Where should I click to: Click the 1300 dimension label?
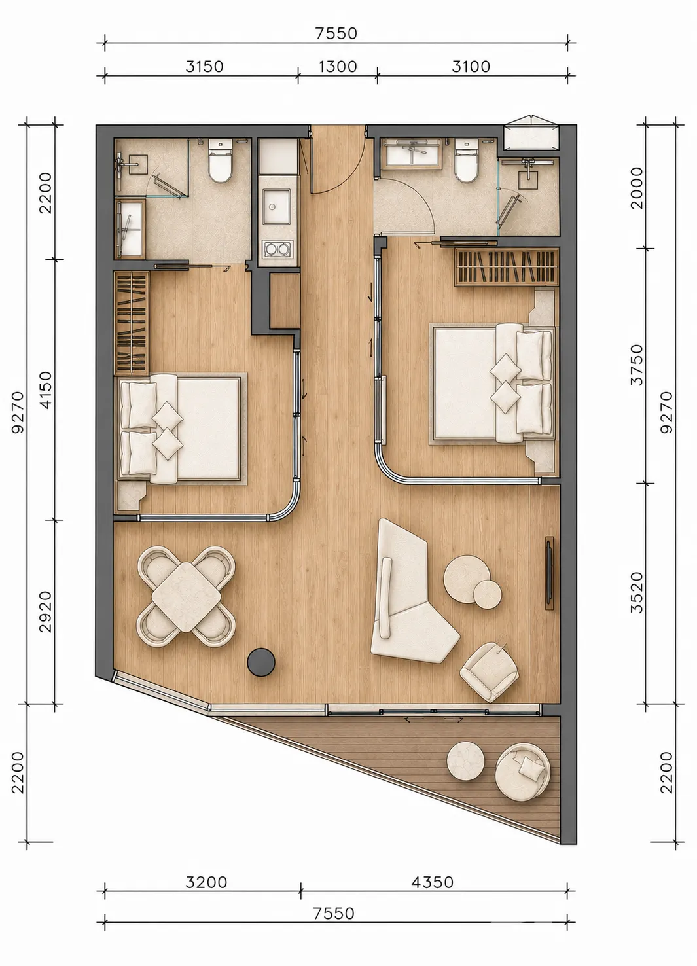pos(338,67)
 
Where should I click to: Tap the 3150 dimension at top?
pos(204,67)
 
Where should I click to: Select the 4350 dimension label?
pos(432,882)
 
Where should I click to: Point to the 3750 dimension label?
pos(637,365)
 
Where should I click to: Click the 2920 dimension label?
pos(45,612)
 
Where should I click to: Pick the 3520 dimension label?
pos(637,592)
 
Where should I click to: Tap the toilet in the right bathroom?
pos(466,160)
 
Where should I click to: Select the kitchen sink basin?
pos(276,207)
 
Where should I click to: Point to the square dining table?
pos(187,597)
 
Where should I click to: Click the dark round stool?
pos(261,662)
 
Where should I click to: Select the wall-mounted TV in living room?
pos(549,573)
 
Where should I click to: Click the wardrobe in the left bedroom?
pos(132,323)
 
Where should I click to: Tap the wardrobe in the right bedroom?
pos(507,266)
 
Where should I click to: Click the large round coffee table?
pos(467,578)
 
